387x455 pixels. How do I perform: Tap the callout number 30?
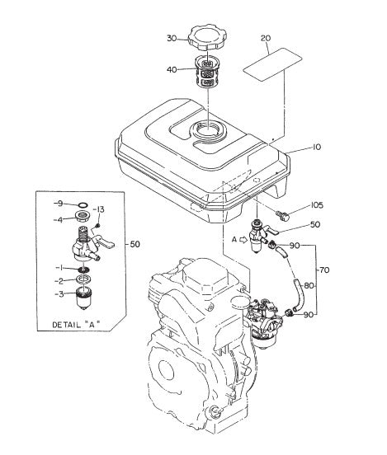pos(171,39)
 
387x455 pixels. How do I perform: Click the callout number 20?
pos(266,38)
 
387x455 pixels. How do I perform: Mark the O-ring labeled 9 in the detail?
pos(83,203)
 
